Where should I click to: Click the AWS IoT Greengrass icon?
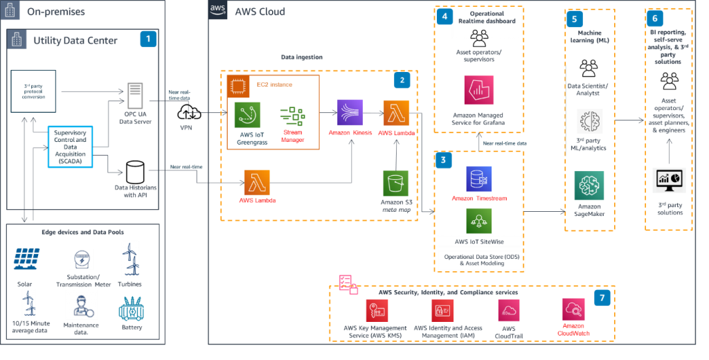point(247,114)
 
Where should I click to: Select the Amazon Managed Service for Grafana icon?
point(478,90)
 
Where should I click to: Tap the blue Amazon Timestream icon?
point(478,179)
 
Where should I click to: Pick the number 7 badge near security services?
point(603,298)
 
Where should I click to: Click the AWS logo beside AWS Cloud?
point(219,10)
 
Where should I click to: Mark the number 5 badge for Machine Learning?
point(573,19)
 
